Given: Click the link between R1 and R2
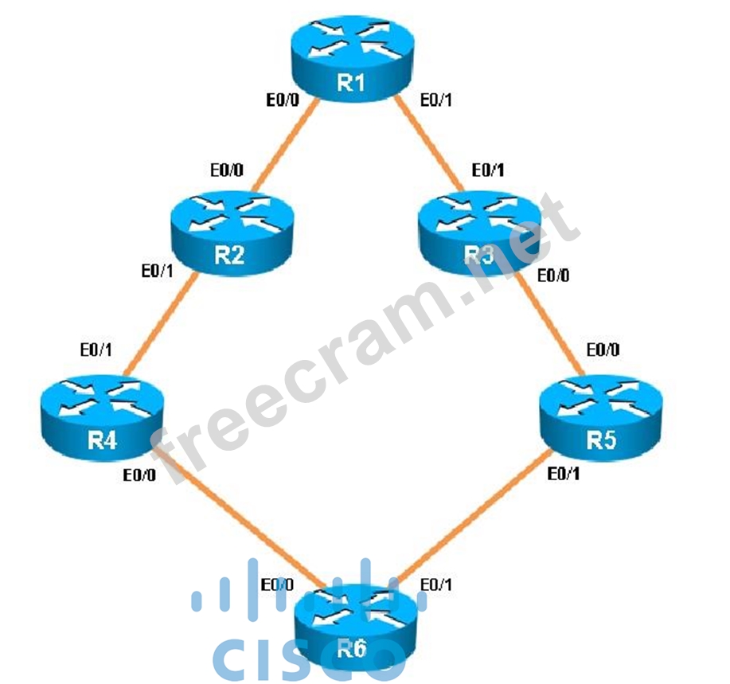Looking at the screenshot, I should tap(282, 148).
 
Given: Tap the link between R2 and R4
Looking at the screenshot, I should tap(158, 322).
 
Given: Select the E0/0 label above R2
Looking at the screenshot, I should tap(227, 170).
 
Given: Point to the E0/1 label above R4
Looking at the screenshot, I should tap(96, 350).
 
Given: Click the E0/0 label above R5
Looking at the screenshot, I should tap(603, 350).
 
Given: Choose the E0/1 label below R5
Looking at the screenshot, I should tap(564, 475).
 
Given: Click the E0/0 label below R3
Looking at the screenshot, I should tap(554, 276).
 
